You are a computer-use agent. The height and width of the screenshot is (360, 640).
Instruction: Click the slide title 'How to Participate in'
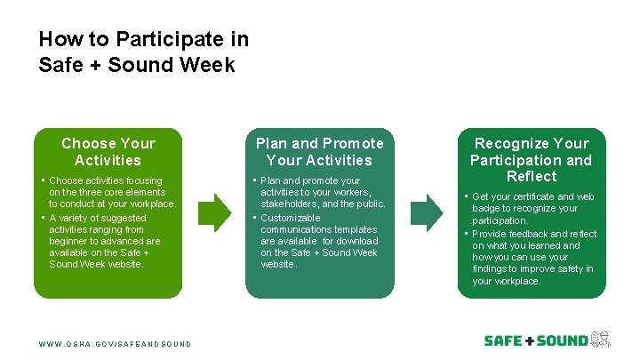click(x=143, y=40)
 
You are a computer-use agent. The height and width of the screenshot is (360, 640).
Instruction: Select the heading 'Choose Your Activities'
click(x=108, y=152)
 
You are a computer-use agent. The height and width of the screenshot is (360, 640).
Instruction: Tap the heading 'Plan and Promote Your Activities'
click(x=320, y=152)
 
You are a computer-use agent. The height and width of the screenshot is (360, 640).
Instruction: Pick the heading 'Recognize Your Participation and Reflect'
click(x=532, y=160)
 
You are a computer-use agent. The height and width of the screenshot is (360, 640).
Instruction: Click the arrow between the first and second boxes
click(x=213, y=212)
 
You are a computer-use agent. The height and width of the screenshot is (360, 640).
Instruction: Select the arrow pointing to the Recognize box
click(x=426, y=212)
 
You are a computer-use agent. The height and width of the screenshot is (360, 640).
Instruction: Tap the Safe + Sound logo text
click(x=535, y=340)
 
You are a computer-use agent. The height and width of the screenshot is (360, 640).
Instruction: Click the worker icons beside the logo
click(x=601, y=340)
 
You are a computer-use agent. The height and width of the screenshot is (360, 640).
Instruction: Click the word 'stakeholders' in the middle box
click(x=290, y=204)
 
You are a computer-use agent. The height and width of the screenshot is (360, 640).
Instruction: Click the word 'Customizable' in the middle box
click(x=291, y=218)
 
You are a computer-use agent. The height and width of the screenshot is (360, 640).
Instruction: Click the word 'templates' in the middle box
click(x=357, y=229)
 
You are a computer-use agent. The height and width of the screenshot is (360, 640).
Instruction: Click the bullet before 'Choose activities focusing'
click(x=42, y=180)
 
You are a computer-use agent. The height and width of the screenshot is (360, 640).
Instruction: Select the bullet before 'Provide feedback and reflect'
click(x=465, y=234)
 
